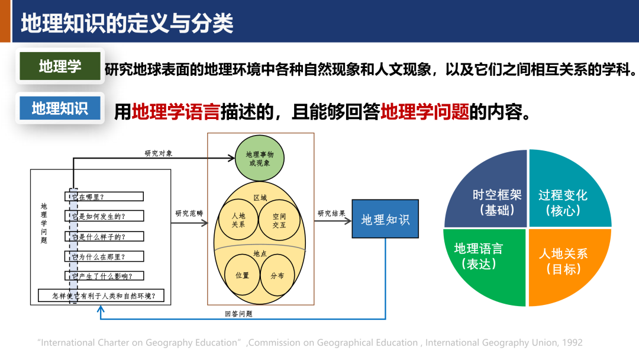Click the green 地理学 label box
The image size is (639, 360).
tap(60, 66)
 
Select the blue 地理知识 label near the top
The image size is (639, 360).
tap(60, 108)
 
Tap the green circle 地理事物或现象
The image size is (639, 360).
tap(259, 158)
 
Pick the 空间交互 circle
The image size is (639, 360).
tap(279, 221)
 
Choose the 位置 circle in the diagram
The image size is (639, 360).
tap(243, 275)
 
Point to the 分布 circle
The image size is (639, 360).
tap(277, 275)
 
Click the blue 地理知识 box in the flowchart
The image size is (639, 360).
tap(385, 219)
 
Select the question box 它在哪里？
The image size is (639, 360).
tap(104, 197)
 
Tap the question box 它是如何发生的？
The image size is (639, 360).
tap(104, 216)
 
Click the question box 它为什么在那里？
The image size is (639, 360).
tap(104, 256)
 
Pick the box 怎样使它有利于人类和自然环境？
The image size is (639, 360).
tap(101, 295)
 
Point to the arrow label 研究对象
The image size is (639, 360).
tap(159, 153)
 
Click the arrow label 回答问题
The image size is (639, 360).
tap(238, 314)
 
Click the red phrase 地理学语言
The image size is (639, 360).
tap(176, 111)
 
